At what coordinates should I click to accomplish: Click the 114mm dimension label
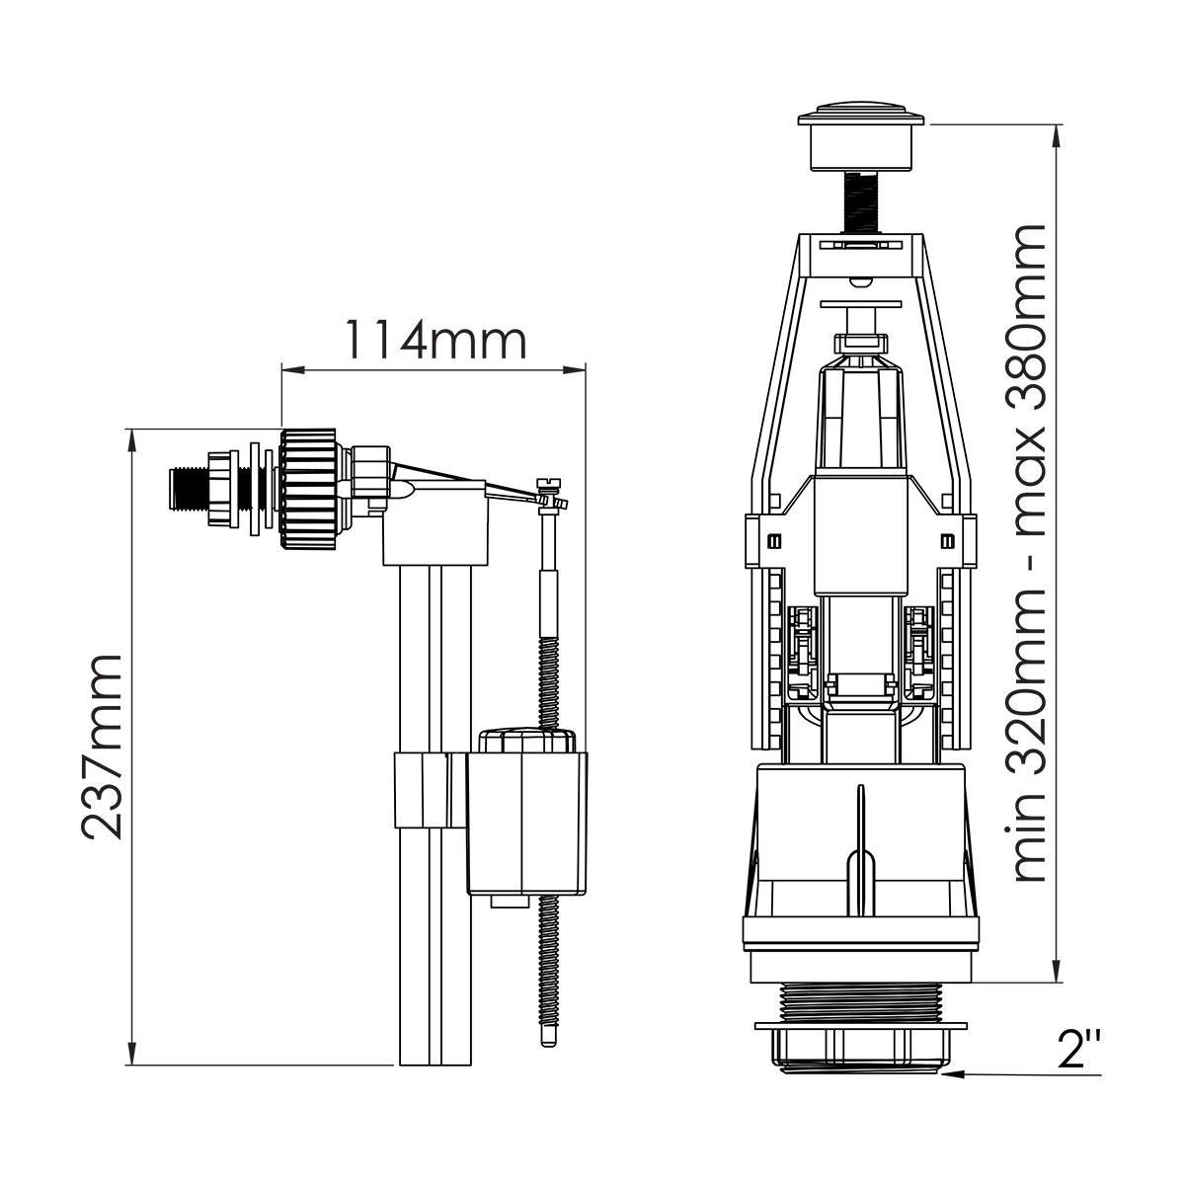[435, 339]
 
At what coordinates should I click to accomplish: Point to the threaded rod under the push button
[863, 201]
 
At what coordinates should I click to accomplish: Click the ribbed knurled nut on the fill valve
[308, 488]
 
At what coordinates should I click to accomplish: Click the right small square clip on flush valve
[948, 540]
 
